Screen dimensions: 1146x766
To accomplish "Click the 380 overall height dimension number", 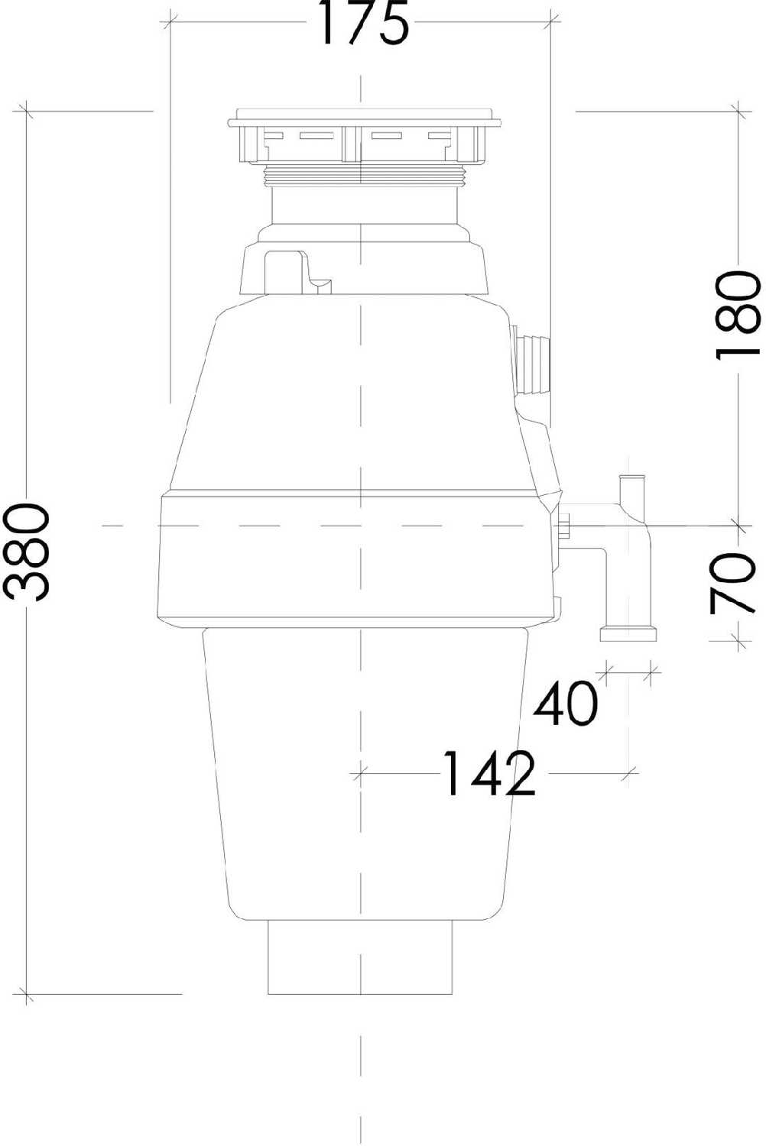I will pyautogui.click(x=28, y=552).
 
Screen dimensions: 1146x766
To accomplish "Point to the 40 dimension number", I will pyautogui.click(x=566, y=704).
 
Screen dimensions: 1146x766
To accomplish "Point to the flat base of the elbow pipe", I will pyautogui.click(x=628, y=634).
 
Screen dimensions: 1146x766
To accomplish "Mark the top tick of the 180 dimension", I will pyautogui.click(x=738, y=111).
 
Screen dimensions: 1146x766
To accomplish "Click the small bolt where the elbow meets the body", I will pyautogui.click(x=565, y=526).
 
